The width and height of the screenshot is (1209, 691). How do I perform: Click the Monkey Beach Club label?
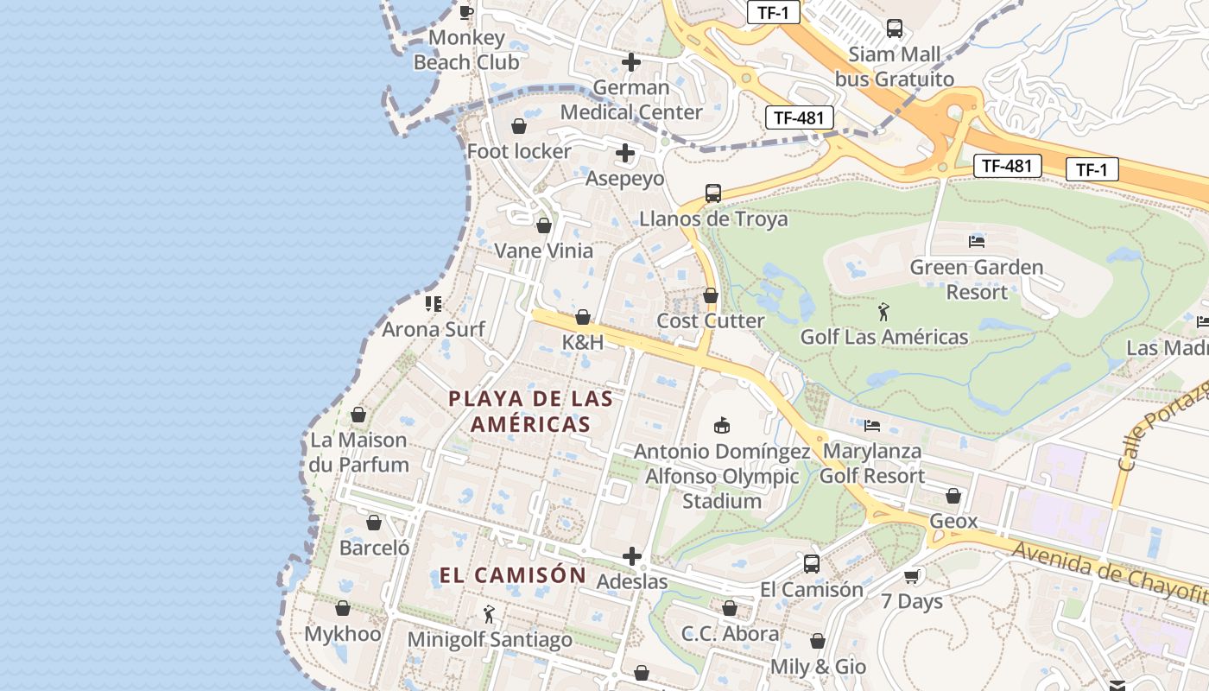tap(466, 50)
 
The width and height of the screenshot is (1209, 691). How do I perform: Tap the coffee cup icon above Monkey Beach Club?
tap(466, 11)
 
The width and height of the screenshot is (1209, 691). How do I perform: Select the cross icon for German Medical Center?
tap(631, 62)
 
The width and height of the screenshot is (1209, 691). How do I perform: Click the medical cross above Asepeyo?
tap(625, 154)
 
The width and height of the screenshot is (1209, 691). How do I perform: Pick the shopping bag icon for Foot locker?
tap(519, 127)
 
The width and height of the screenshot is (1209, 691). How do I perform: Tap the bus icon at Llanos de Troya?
tap(713, 193)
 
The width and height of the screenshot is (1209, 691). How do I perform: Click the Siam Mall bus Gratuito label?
tap(895, 67)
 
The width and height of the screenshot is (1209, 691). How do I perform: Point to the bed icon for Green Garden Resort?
tap(977, 242)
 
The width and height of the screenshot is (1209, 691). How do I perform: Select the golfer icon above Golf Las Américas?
tap(883, 312)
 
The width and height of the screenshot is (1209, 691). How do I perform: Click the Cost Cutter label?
tap(711, 320)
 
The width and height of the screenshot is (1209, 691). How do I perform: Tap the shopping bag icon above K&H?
tap(583, 317)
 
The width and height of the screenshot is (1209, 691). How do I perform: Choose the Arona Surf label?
tap(434, 329)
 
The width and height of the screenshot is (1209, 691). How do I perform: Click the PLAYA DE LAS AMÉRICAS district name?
tap(531, 411)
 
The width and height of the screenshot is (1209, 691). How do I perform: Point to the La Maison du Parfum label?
tap(359, 452)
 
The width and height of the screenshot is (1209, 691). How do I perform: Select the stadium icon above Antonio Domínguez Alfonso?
tap(722, 425)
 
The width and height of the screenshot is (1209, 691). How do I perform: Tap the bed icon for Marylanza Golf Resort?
tap(872, 425)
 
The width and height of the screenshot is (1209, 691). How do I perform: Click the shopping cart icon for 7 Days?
tap(912, 576)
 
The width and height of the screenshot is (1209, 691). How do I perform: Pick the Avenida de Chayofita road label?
tap(1110, 571)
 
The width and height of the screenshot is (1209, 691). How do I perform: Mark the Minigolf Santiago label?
tap(490, 640)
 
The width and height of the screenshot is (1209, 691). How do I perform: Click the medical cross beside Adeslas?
tap(632, 556)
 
